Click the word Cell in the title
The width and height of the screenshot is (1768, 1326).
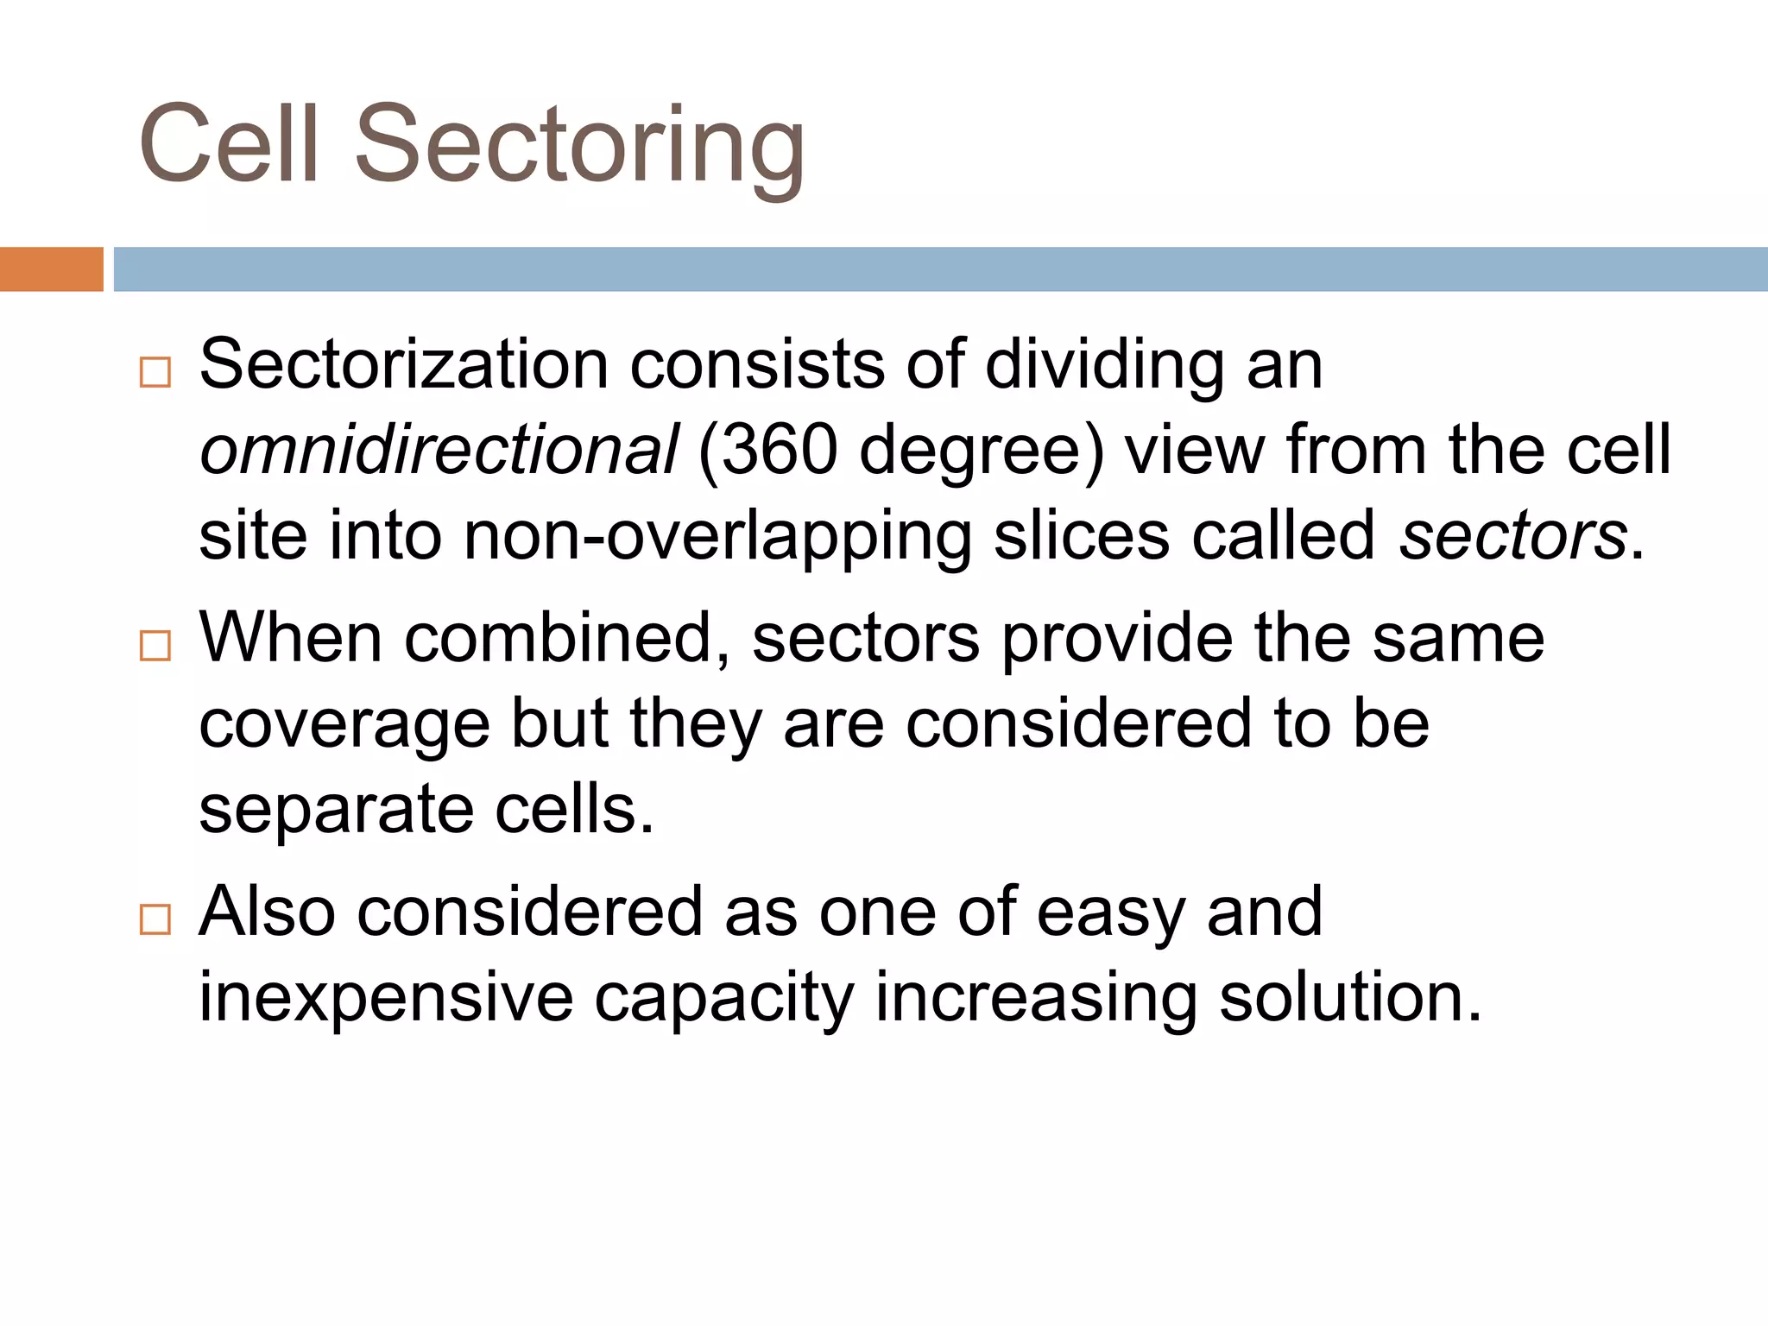(x=229, y=145)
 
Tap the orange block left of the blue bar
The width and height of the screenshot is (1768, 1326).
(x=51, y=269)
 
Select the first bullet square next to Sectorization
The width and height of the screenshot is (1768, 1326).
(x=155, y=372)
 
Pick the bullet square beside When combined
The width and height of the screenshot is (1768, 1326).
(x=155, y=645)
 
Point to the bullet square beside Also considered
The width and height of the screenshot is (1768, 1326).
(x=155, y=919)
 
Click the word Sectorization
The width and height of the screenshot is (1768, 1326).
(x=404, y=365)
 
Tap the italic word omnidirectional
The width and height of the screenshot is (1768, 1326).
(x=439, y=451)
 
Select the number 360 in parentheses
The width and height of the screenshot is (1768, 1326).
(x=779, y=451)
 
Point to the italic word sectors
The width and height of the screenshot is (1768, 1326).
(x=1512, y=536)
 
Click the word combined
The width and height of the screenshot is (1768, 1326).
(x=566, y=639)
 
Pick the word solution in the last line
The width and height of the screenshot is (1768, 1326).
(x=1348, y=997)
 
